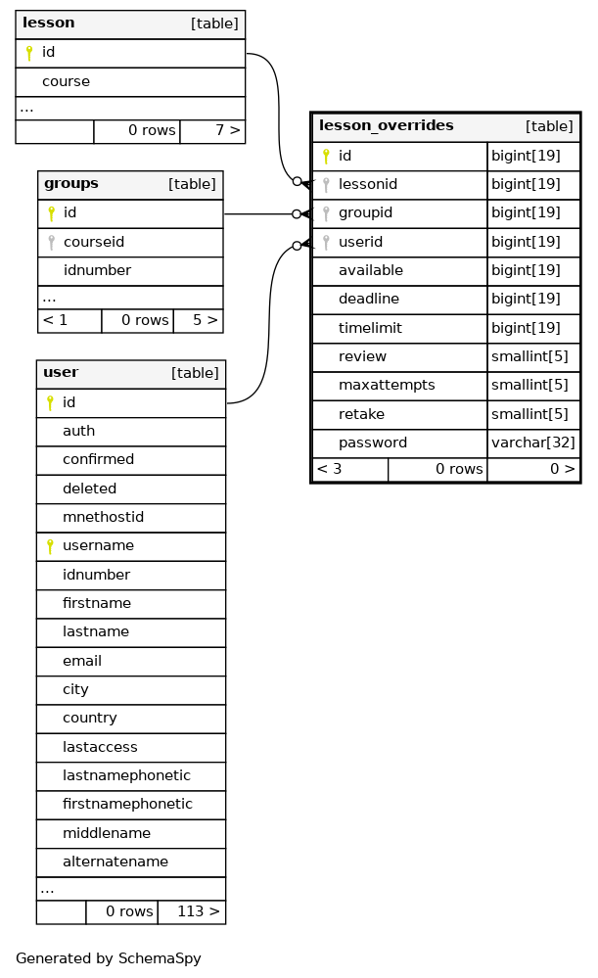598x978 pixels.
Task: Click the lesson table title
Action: [x=49, y=23]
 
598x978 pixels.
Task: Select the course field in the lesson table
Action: [x=67, y=81]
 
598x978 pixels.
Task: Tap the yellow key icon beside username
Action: [x=50, y=546]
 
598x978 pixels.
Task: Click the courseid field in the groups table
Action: [x=94, y=242]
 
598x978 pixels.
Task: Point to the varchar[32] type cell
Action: [x=533, y=442]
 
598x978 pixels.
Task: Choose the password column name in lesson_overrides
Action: [x=373, y=442]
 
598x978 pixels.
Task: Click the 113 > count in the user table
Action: [x=199, y=911]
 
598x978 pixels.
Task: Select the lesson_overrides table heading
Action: [x=387, y=125]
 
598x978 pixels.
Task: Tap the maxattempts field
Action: [x=387, y=386]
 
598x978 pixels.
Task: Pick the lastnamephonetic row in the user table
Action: [x=126, y=775]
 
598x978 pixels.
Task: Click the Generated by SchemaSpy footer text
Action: [x=109, y=958]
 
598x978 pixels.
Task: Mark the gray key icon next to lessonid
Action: [x=326, y=185]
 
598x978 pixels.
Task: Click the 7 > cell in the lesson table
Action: [x=228, y=130]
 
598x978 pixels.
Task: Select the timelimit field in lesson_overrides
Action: [x=370, y=328]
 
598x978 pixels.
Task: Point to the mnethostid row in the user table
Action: [x=103, y=517]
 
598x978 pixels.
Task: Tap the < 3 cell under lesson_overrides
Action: [x=329, y=469]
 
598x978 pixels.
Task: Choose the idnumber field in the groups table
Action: [x=97, y=271]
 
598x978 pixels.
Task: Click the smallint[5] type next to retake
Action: [x=529, y=414]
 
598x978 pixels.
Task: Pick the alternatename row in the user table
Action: [x=115, y=862]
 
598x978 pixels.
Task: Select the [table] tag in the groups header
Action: [x=192, y=185]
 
